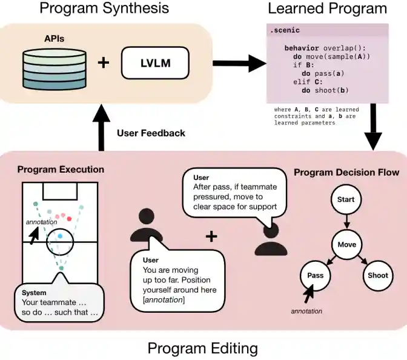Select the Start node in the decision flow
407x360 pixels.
346,200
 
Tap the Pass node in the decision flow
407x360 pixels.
315,275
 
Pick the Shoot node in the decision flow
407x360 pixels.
378,275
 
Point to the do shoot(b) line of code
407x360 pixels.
320,90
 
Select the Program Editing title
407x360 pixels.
203,348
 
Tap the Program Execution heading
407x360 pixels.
61,170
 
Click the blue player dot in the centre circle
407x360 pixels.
60,235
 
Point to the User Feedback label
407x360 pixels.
151,133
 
